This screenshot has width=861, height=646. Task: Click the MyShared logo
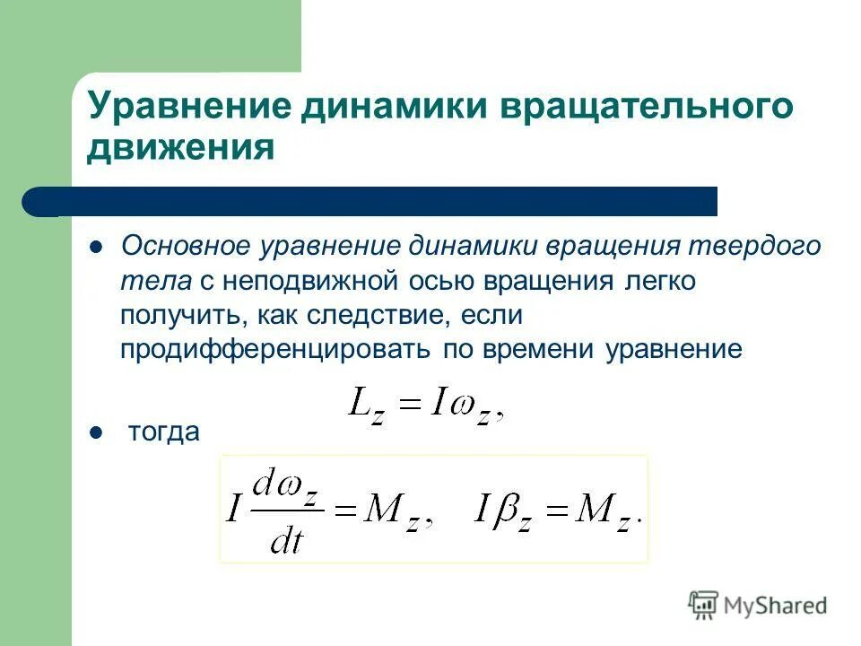[758, 606]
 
